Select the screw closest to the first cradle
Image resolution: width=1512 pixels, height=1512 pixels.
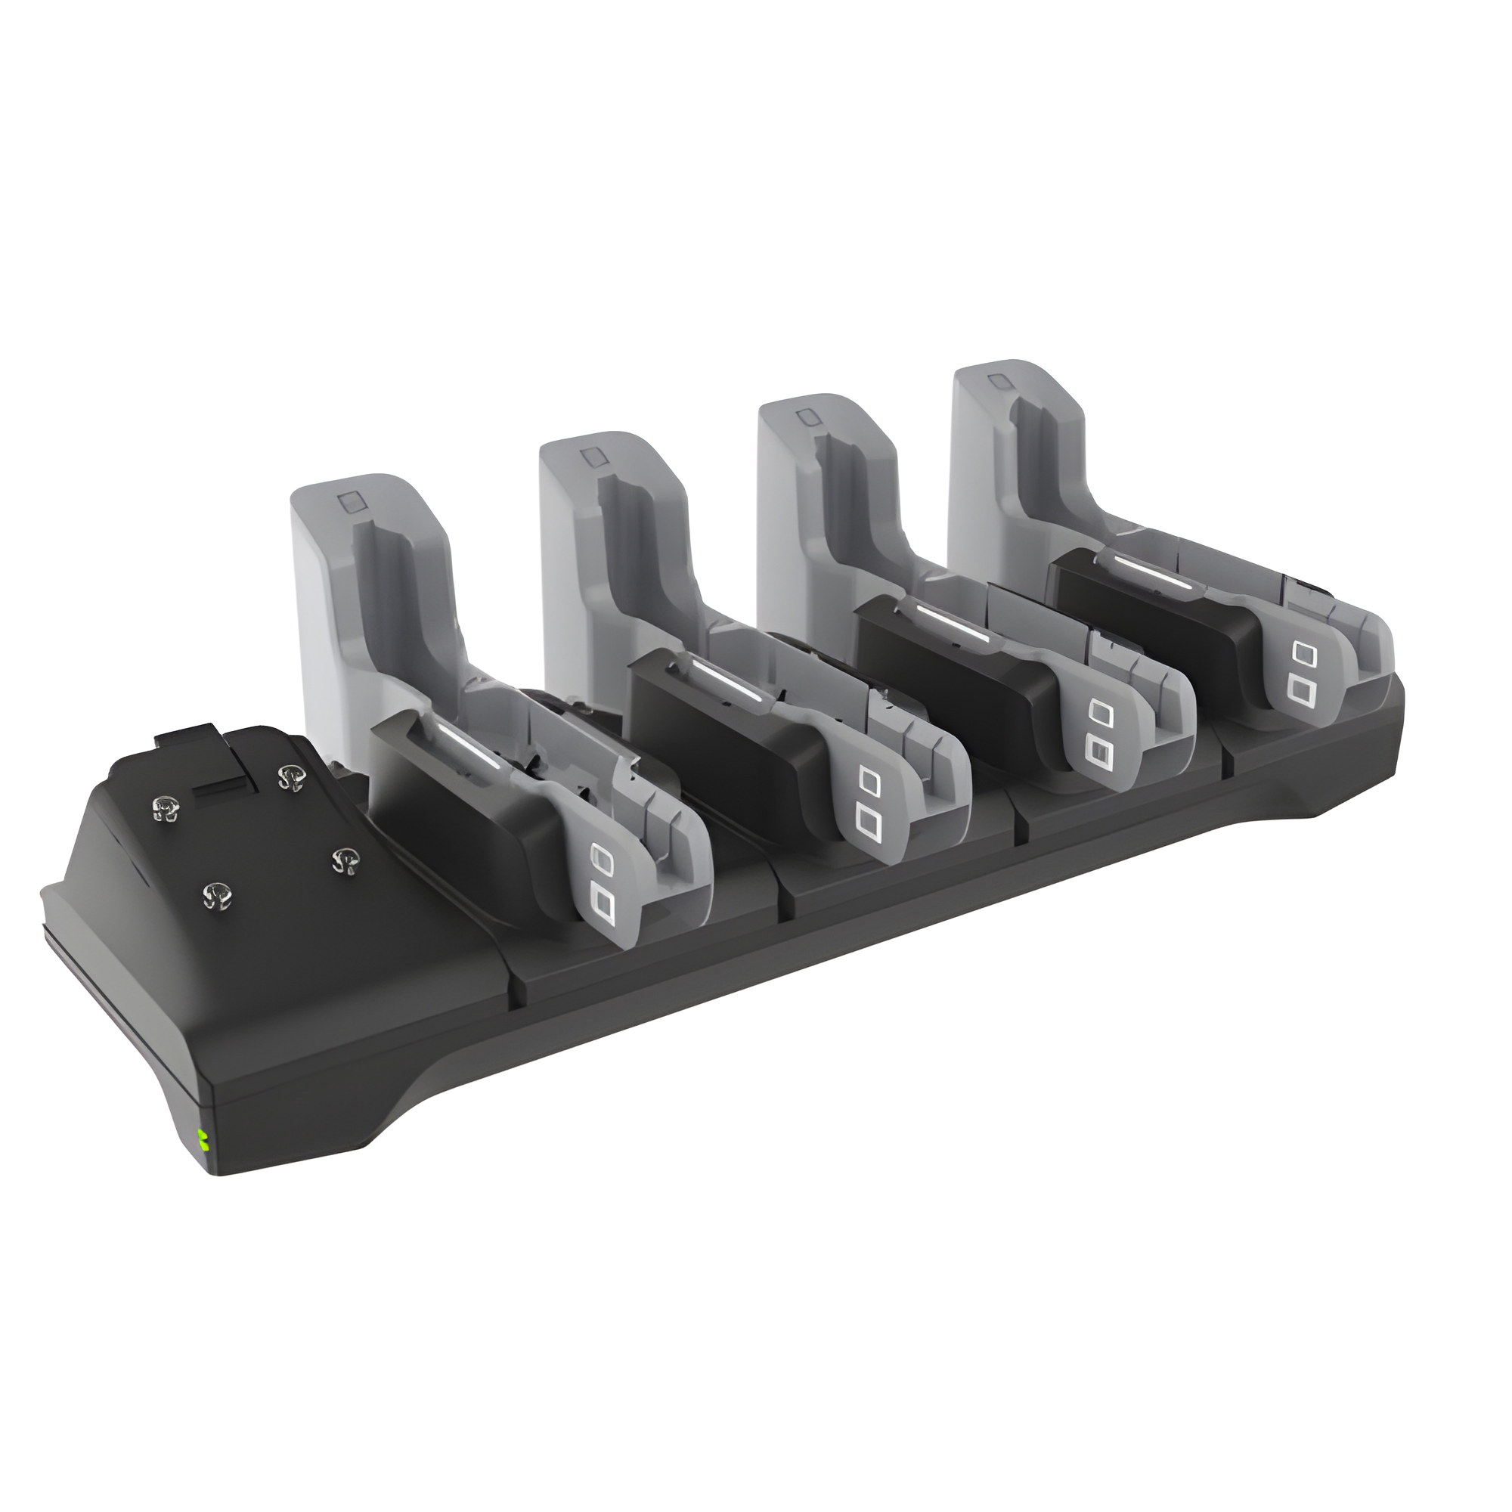[x=342, y=861]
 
